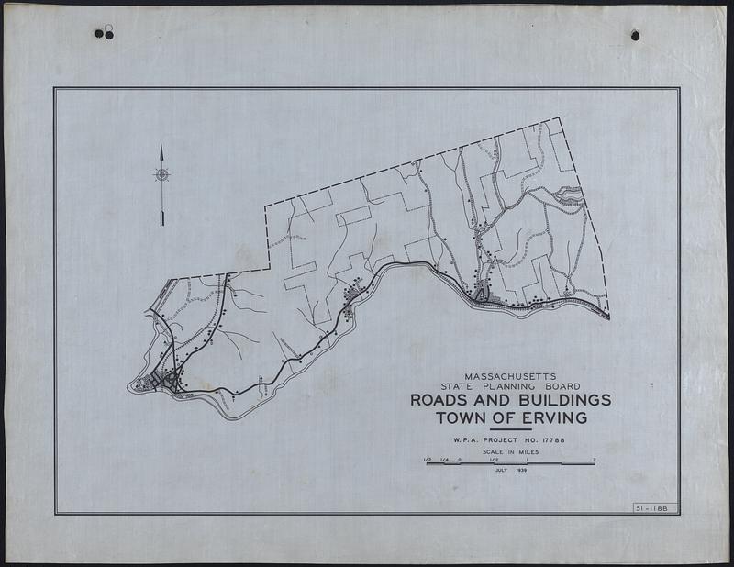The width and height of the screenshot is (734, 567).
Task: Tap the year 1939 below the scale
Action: tap(526, 469)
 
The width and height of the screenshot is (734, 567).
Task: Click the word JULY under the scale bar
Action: tap(501, 469)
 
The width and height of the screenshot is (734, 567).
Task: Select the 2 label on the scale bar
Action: tap(595, 458)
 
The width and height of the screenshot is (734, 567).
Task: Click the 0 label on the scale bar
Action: tap(460, 458)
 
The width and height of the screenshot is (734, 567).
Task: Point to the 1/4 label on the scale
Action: tap(444, 458)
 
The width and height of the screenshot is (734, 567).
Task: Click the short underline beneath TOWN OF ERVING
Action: tap(510, 429)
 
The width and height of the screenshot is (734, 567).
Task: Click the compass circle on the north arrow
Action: tap(161, 174)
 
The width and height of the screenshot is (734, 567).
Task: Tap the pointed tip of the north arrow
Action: tap(161, 147)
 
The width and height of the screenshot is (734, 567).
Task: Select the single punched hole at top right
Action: tap(635, 35)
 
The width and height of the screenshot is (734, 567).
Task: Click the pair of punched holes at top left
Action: tap(104, 34)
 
